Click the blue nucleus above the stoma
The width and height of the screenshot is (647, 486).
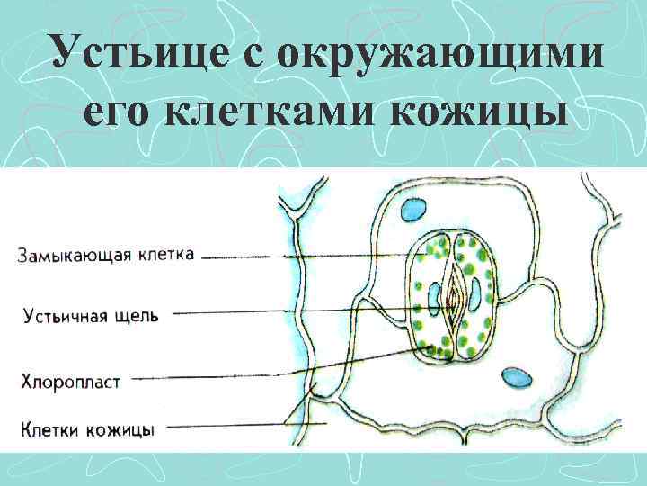[x=414, y=210]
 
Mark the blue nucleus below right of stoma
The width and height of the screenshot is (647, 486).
[x=515, y=375]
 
